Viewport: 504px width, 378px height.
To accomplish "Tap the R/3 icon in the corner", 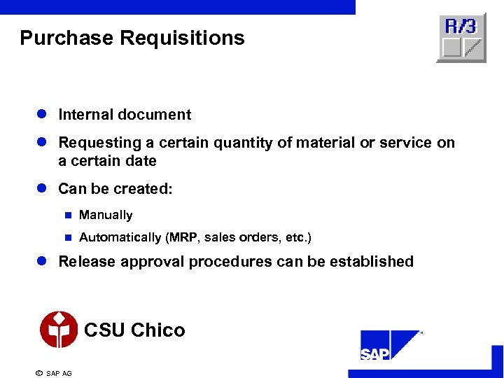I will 461,37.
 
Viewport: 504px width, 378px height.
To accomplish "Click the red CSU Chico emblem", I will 59,329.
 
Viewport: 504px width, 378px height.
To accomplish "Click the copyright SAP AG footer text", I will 53,373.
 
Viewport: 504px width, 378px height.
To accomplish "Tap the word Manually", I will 106,216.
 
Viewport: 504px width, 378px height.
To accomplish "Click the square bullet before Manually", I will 68,216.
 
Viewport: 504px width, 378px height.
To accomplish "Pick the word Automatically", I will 120,238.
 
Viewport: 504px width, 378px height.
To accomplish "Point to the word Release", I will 87,262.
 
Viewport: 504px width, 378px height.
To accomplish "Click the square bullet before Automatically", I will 68,238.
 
